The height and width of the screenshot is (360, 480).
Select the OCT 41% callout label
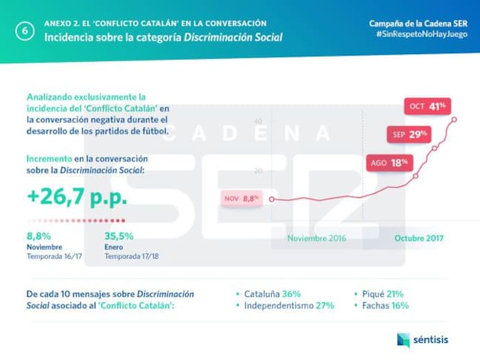coord(426,106)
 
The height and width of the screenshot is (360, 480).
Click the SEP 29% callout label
coord(408,135)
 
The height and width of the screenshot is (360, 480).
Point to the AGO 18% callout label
coord(388,163)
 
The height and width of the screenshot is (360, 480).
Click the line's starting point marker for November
coord(272,199)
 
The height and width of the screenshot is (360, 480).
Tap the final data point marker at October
coord(453,119)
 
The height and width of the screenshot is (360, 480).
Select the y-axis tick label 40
coord(258,121)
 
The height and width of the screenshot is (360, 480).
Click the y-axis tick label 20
coord(258,171)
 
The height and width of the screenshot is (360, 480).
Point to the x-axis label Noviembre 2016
coord(316,238)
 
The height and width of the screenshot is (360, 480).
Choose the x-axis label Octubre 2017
coord(419,238)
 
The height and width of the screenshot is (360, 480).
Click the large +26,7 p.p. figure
coord(76,198)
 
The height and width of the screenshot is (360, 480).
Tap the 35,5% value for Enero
coord(119,237)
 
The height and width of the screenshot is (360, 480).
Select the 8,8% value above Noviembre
coord(39,237)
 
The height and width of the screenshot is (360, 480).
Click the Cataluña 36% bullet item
coord(272,293)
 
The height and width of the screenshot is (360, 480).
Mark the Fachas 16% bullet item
coord(384,305)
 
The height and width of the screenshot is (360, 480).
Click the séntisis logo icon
coord(403,340)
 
